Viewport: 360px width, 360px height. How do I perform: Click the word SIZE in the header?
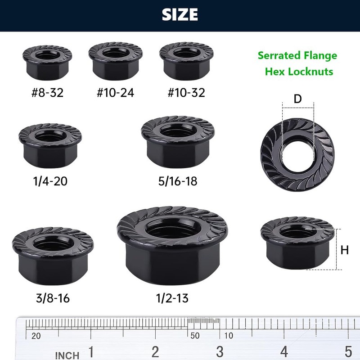180,14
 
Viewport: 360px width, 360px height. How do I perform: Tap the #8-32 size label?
47,93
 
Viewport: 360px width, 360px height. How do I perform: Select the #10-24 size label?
115,93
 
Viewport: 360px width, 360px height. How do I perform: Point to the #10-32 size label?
186,93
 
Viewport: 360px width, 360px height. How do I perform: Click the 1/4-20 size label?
50,181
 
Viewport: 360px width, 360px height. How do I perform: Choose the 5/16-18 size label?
178,181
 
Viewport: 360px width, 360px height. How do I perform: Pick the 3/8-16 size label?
53,298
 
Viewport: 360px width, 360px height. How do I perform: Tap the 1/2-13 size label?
172,298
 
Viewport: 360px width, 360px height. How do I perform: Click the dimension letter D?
297,99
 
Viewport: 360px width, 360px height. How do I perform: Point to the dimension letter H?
345,250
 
